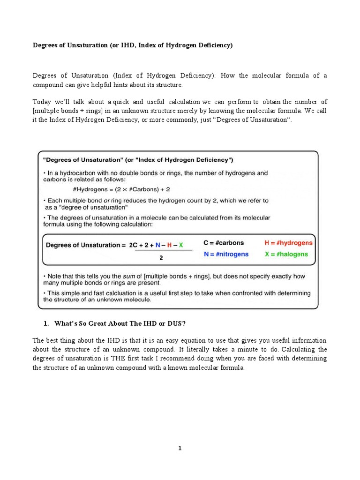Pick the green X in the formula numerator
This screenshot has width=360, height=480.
(x=181, y=245)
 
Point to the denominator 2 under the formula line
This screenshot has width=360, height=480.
(x=161, y=257)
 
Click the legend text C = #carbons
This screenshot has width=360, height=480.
(x=224, y=243)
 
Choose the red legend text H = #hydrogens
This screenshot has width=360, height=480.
(x=288, y=243)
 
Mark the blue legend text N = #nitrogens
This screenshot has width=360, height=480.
(x=226, y=254)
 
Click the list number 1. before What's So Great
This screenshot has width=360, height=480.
(x=46, y=323)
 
